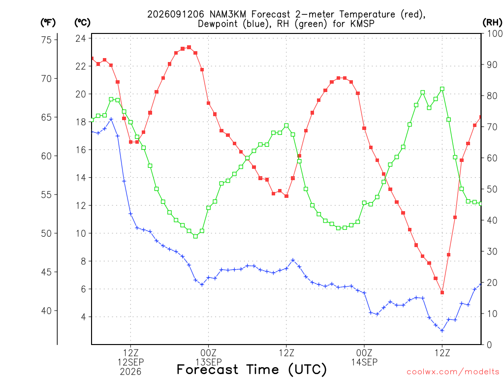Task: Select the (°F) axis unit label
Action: [48, 23]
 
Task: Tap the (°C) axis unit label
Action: [82, 23]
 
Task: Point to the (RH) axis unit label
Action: [492, 23]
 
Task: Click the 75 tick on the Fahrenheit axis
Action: [46, 40]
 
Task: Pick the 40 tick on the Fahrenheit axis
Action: [46, 311]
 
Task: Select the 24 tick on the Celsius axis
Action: [81, 38]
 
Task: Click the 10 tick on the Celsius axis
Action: [81, 233]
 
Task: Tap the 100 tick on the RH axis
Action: [495, 33]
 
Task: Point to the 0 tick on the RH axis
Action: [489, 345]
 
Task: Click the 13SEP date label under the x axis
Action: [209, 362]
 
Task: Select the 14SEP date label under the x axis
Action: [364, 362]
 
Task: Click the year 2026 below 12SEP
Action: [130, 372]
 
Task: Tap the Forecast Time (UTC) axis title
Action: [252, 370]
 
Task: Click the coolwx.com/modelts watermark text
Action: [453, 372]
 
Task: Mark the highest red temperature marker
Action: [189, 47]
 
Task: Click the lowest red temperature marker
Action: [442, 292]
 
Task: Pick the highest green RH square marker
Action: [442, 89]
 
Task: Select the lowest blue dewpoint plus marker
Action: [442, 330]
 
